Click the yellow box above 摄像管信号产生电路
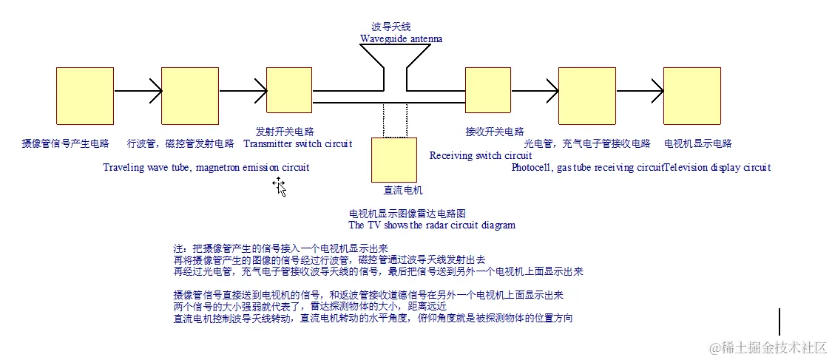(x=85, y=95)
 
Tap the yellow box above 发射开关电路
(x=288, y=90)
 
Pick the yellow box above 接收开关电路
(x=488, y=90)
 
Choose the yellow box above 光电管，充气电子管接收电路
(x=588, y=95)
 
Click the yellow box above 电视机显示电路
(x=691, y=95)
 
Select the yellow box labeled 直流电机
(x=393, y=160)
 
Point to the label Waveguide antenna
(x=402, y=38)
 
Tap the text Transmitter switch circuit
(x=298, y=143)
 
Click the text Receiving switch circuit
(x=481, y=155)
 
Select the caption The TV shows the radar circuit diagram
(x=432, y=225)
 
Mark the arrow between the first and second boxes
(x=138, y=92)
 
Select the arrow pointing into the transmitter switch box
(x=243, y=92)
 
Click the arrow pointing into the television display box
(x=640, y=92)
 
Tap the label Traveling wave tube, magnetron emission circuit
(x=206, y=167)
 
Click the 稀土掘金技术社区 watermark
(x=768, y=347)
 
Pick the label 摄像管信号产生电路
(x=66, y=143)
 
